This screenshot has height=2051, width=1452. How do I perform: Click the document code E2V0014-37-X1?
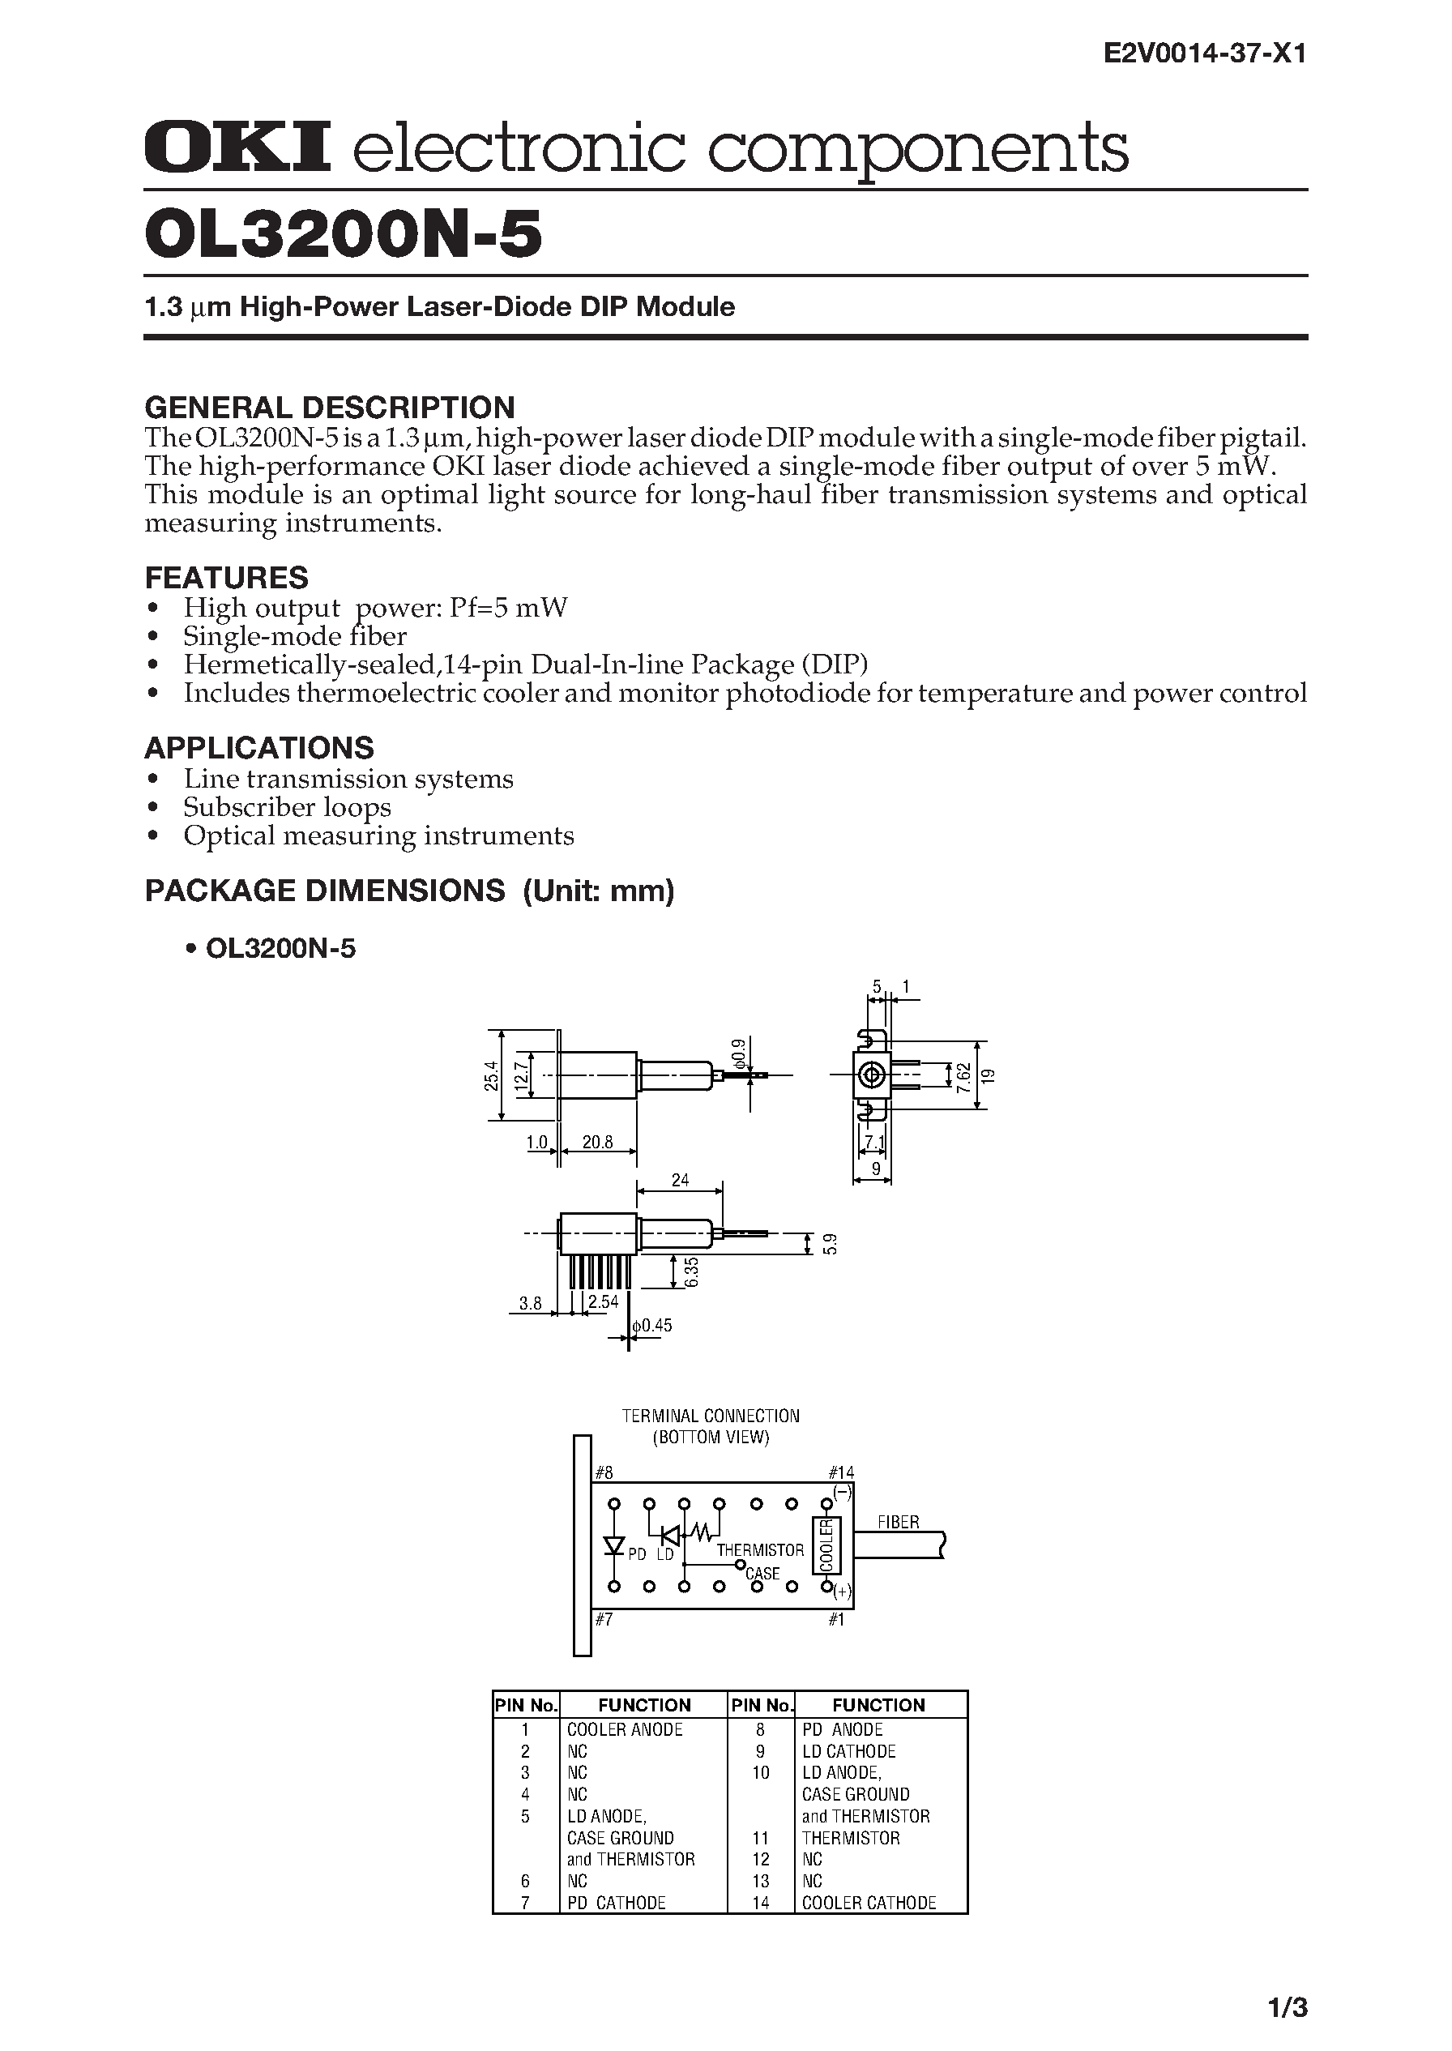point(1205,54)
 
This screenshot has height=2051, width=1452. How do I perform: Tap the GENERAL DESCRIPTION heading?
point(329,408)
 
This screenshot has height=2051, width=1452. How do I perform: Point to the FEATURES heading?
point(226,578)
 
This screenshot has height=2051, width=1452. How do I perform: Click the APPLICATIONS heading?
point(259,747)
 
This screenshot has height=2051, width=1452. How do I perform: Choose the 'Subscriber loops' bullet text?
point(287,807)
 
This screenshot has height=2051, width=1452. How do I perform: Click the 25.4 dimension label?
point(489,1075)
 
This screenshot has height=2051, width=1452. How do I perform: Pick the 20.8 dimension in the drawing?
point(597,1142)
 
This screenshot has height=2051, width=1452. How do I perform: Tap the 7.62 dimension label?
point(962,1074)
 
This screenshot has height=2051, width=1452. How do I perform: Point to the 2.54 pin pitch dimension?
point(604,1301)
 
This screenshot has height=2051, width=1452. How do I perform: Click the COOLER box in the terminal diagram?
point(824,1545)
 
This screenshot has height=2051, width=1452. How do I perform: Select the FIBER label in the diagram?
point(898,1522)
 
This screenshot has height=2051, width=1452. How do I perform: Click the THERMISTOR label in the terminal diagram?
point(760,1549)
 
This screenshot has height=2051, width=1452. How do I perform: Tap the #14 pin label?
point(841,1472)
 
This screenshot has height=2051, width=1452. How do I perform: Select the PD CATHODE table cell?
point(617,1903)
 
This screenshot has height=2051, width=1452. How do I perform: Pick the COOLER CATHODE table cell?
point(868,1903)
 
